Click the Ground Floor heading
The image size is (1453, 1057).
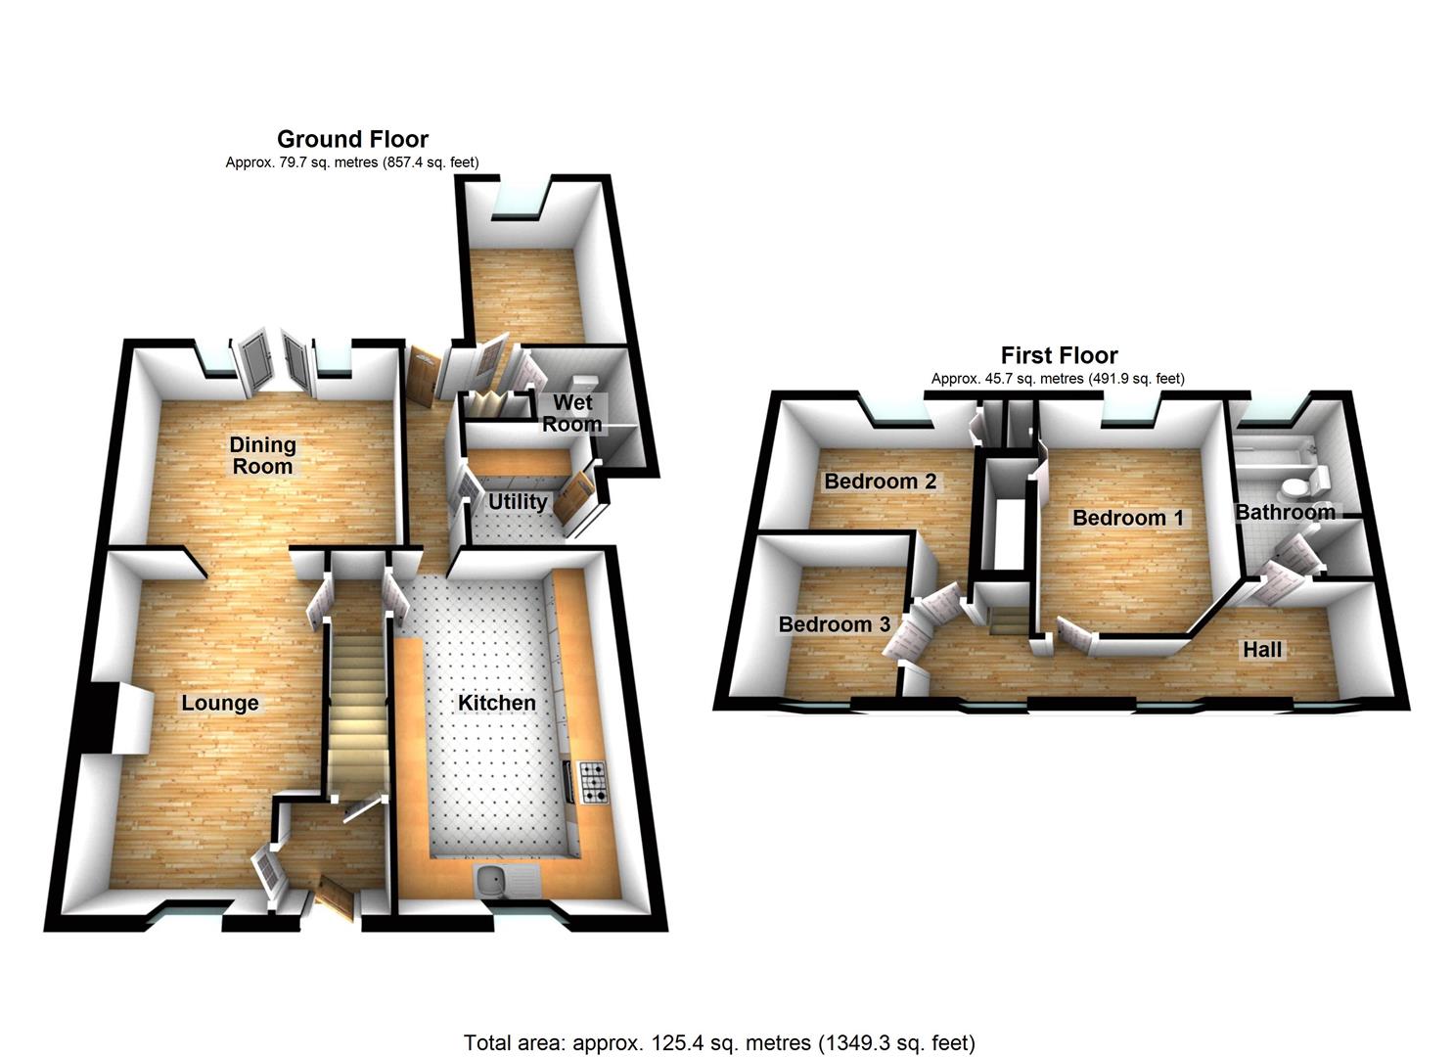tap(353, 139)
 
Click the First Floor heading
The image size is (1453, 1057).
tap(1060, 355)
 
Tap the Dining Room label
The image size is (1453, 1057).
tap(262, 455)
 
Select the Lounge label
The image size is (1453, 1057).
tap(220, 703)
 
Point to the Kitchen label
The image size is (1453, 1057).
tap(497, 702)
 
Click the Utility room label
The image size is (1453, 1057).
tap(518, 501)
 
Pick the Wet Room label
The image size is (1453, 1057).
tap(572, 413)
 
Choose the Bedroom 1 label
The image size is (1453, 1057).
tap(1128, 518)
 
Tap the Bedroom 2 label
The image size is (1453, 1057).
tap(881, 481)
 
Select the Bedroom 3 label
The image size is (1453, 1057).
tap(835, 624)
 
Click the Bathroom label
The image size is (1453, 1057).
tap(1285, 512)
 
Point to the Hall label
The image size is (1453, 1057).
tap(1262, 650)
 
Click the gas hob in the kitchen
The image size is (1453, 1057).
tap(593, 782)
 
